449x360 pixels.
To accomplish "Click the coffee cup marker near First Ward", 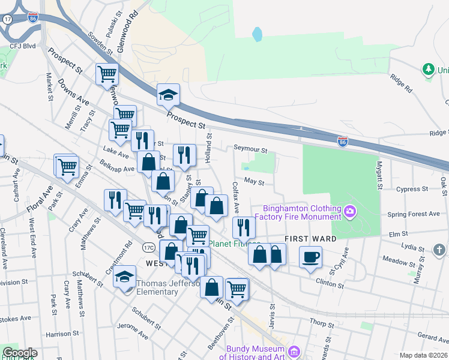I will tap(310, 257).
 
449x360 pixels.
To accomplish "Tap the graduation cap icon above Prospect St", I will tap(169, 95).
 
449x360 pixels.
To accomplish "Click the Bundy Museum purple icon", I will tap(294, 352).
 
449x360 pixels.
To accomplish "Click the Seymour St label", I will tap(250, 151).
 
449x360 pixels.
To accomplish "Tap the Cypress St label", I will tap(412, 188).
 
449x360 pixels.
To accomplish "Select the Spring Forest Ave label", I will tap(414, 214).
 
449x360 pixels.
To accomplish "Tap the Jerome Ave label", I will tap(134, 330).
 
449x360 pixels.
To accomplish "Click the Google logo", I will tap(20, 353).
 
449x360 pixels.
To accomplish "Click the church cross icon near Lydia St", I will tap(439, 249).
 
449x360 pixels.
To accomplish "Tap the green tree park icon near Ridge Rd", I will tap(428, 70).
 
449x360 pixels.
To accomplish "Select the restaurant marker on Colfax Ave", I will tap(244, 227).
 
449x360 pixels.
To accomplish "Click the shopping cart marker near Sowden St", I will tap(107, 75).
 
